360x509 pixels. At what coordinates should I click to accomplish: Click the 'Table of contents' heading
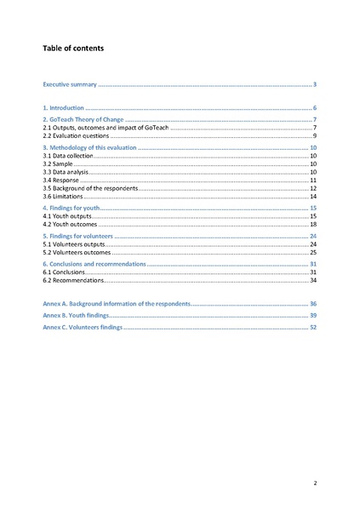coord(73,49)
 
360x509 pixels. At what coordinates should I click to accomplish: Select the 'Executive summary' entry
coord(71,85)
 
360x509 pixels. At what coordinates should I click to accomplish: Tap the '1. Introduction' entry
coord(64,109)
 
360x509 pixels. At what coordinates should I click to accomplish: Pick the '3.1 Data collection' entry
coord(68,157)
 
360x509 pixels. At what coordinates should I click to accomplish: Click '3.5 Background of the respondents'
coord(89,188)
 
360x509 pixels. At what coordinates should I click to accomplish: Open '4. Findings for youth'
coord(73,208)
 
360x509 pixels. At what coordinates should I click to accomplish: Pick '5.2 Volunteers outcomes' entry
coord(77,252)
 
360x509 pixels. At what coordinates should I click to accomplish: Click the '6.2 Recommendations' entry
coord(73,280)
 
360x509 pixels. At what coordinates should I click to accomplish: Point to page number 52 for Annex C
coord(313,327)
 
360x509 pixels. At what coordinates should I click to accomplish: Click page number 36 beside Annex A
coord(313,304)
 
